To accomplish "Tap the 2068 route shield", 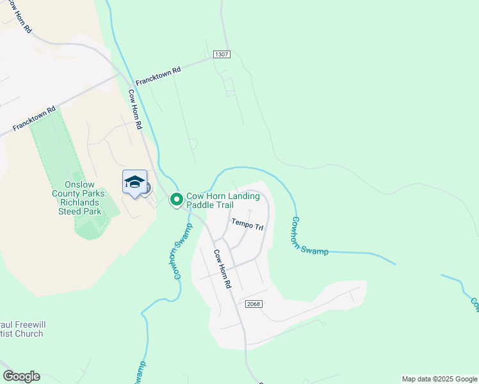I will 252,303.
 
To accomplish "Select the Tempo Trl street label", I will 247,227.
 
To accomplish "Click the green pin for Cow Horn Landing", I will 176,200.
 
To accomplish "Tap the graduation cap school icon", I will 134,182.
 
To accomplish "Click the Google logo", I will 21,376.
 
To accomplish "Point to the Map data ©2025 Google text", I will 439,379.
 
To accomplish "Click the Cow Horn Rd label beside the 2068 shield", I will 222,268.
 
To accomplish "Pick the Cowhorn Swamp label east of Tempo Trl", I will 310,236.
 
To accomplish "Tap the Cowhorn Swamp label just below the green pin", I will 181,252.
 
